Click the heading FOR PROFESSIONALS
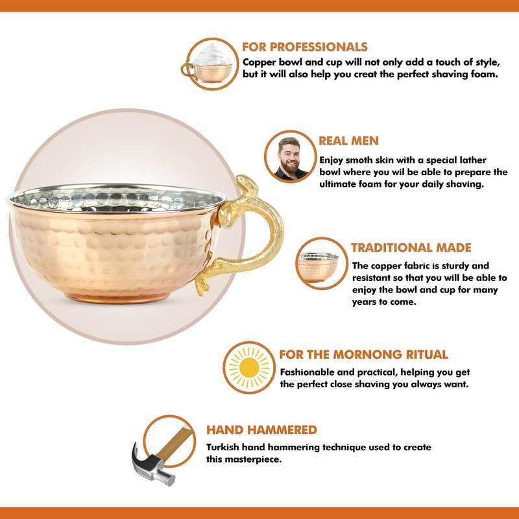305,47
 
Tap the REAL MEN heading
348,141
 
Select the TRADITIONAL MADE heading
411,248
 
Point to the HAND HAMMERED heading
261,430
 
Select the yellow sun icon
249,367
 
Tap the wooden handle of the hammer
175,443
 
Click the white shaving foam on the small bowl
213,54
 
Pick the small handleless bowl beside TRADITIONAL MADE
318,267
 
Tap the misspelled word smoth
359,160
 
